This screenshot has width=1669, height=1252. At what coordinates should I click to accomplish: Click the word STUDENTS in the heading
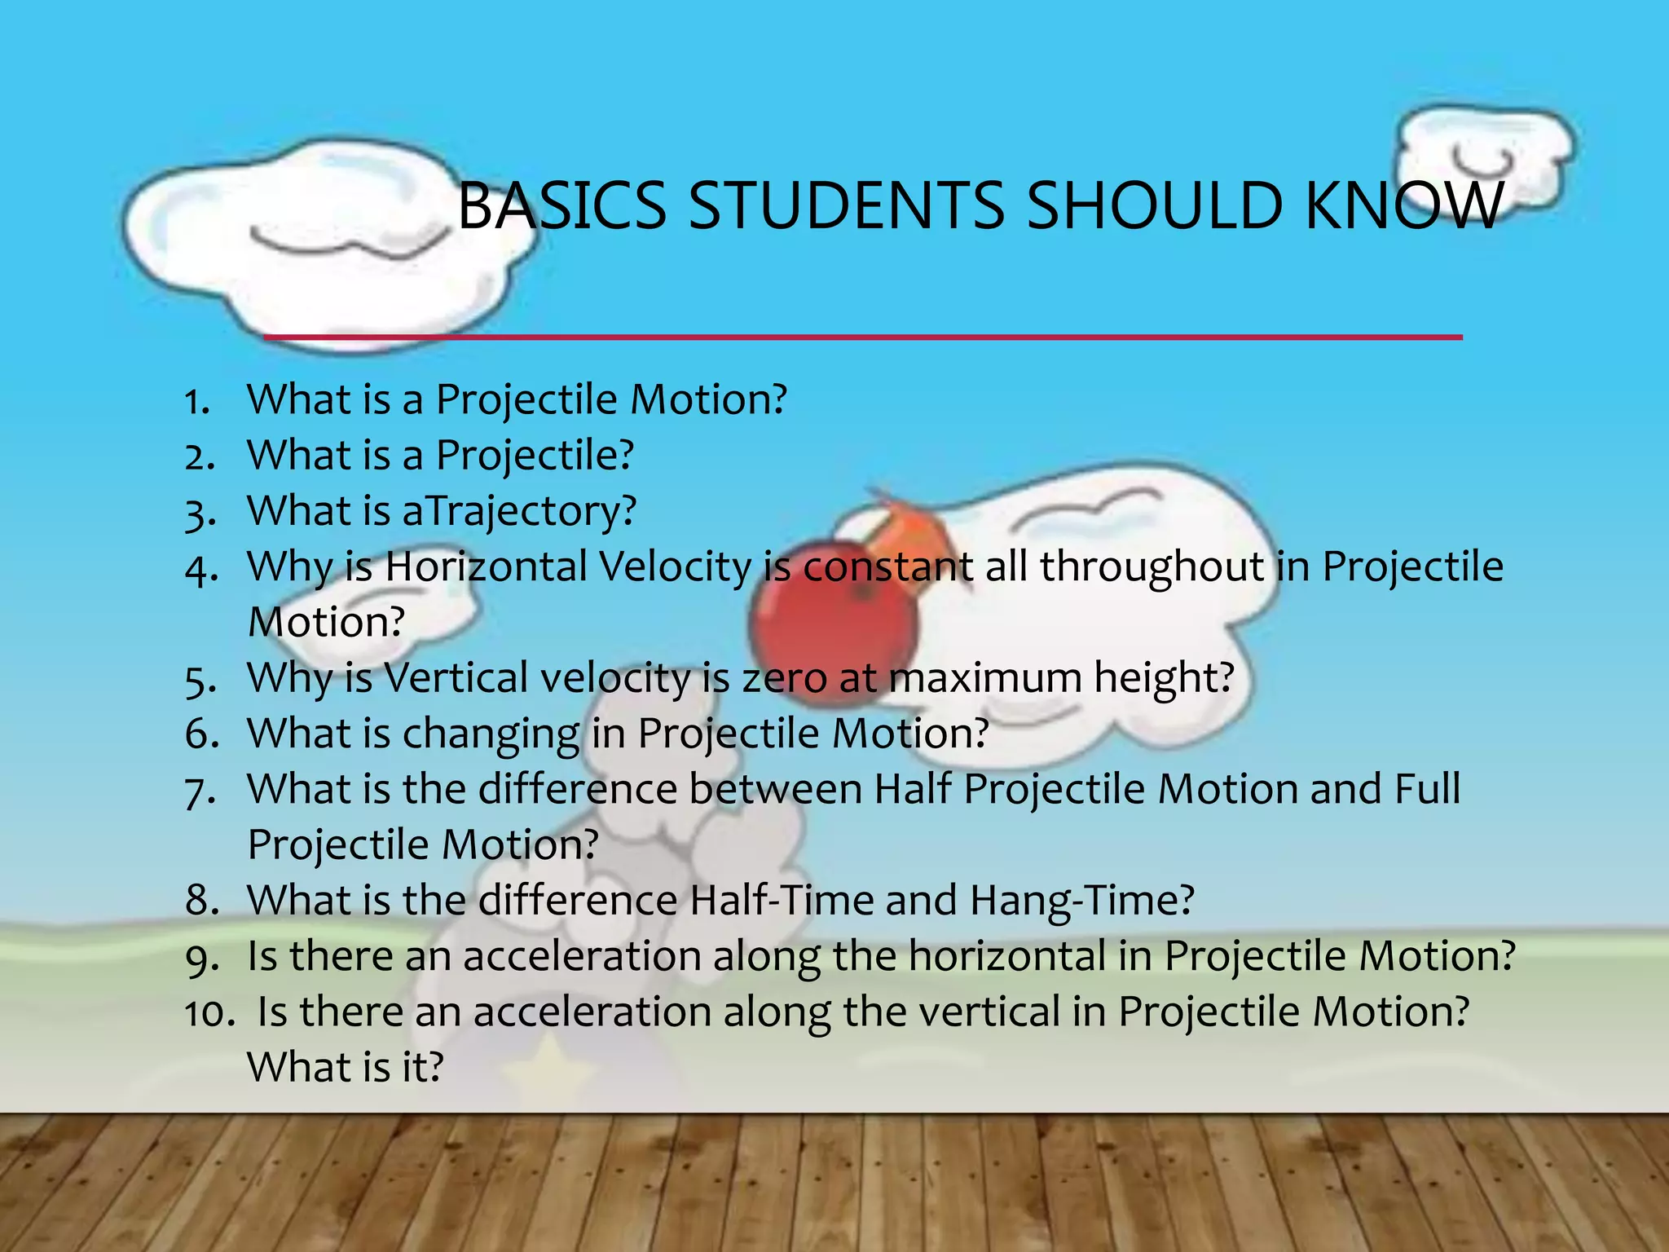[x=847, y=205]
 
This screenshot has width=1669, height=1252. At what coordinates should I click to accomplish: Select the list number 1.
[x=197, y=402]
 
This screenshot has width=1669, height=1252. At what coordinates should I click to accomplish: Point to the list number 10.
[x=209, y=1013]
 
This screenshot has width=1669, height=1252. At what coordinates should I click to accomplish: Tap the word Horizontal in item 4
[x=486, y=567]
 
